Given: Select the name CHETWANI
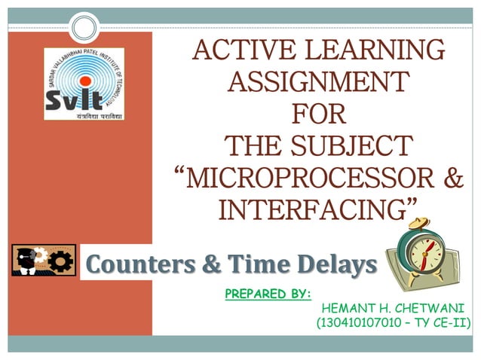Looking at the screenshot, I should (x=427, y=308).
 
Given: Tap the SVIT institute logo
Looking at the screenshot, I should (x=84, y=84).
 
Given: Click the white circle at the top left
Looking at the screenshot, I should (x=84, y=29).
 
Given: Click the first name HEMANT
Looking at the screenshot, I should (x=347, y=308).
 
